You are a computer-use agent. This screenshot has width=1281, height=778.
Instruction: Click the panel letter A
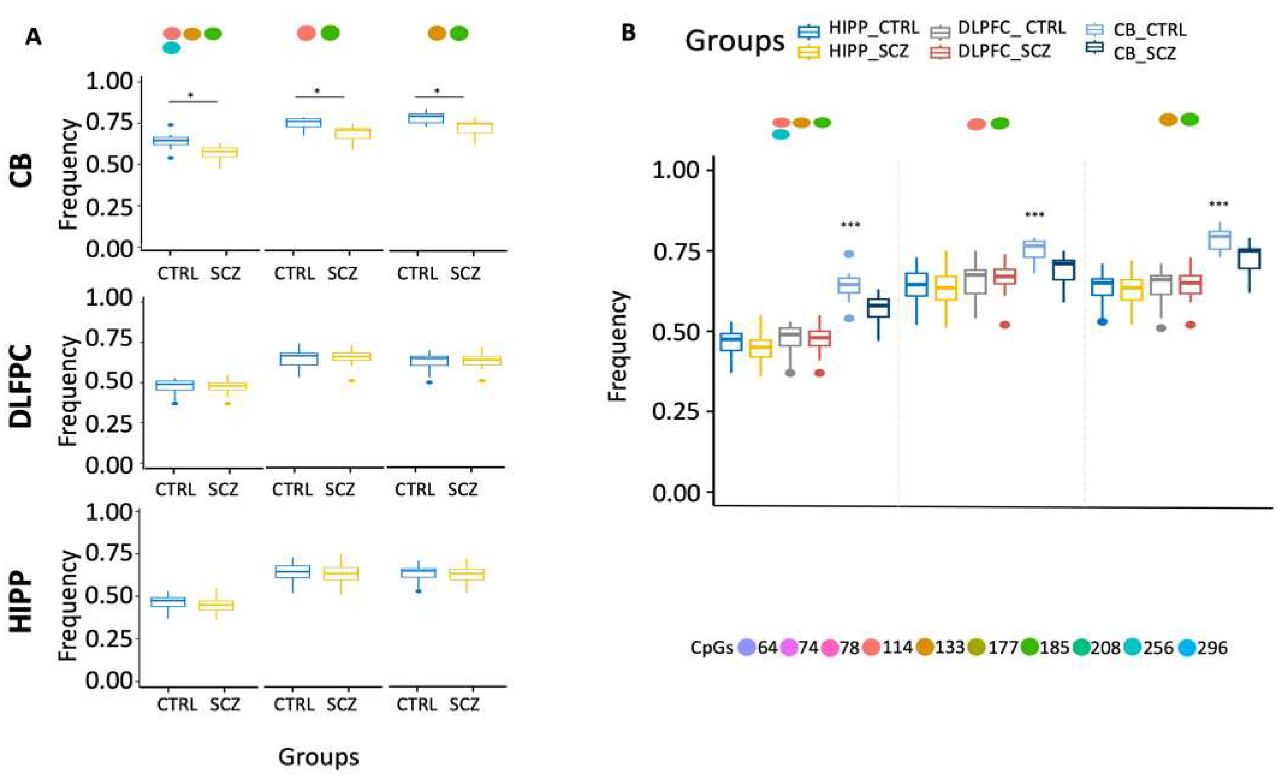(x=33, y=37)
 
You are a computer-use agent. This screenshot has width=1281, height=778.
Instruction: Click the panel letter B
(x=628, y=34)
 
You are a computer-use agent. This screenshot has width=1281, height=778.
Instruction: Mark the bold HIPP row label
(x=22, y=604)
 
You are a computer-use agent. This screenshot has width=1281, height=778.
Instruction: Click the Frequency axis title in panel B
(x=618, y=346)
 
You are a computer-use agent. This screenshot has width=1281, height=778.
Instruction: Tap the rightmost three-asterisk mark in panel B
(x=1219, y=204)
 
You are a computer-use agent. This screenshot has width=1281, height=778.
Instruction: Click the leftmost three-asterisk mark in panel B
(x=850, y=225)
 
